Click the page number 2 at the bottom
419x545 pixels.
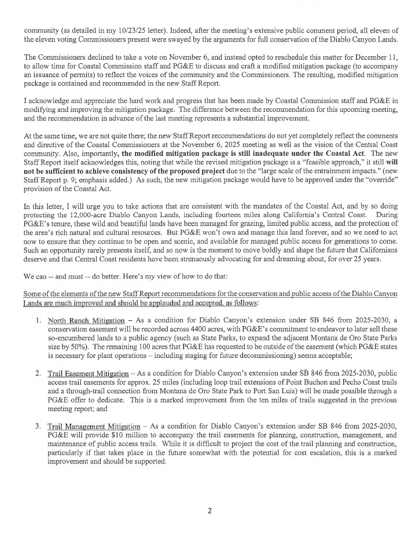click(x=209, y=510)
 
